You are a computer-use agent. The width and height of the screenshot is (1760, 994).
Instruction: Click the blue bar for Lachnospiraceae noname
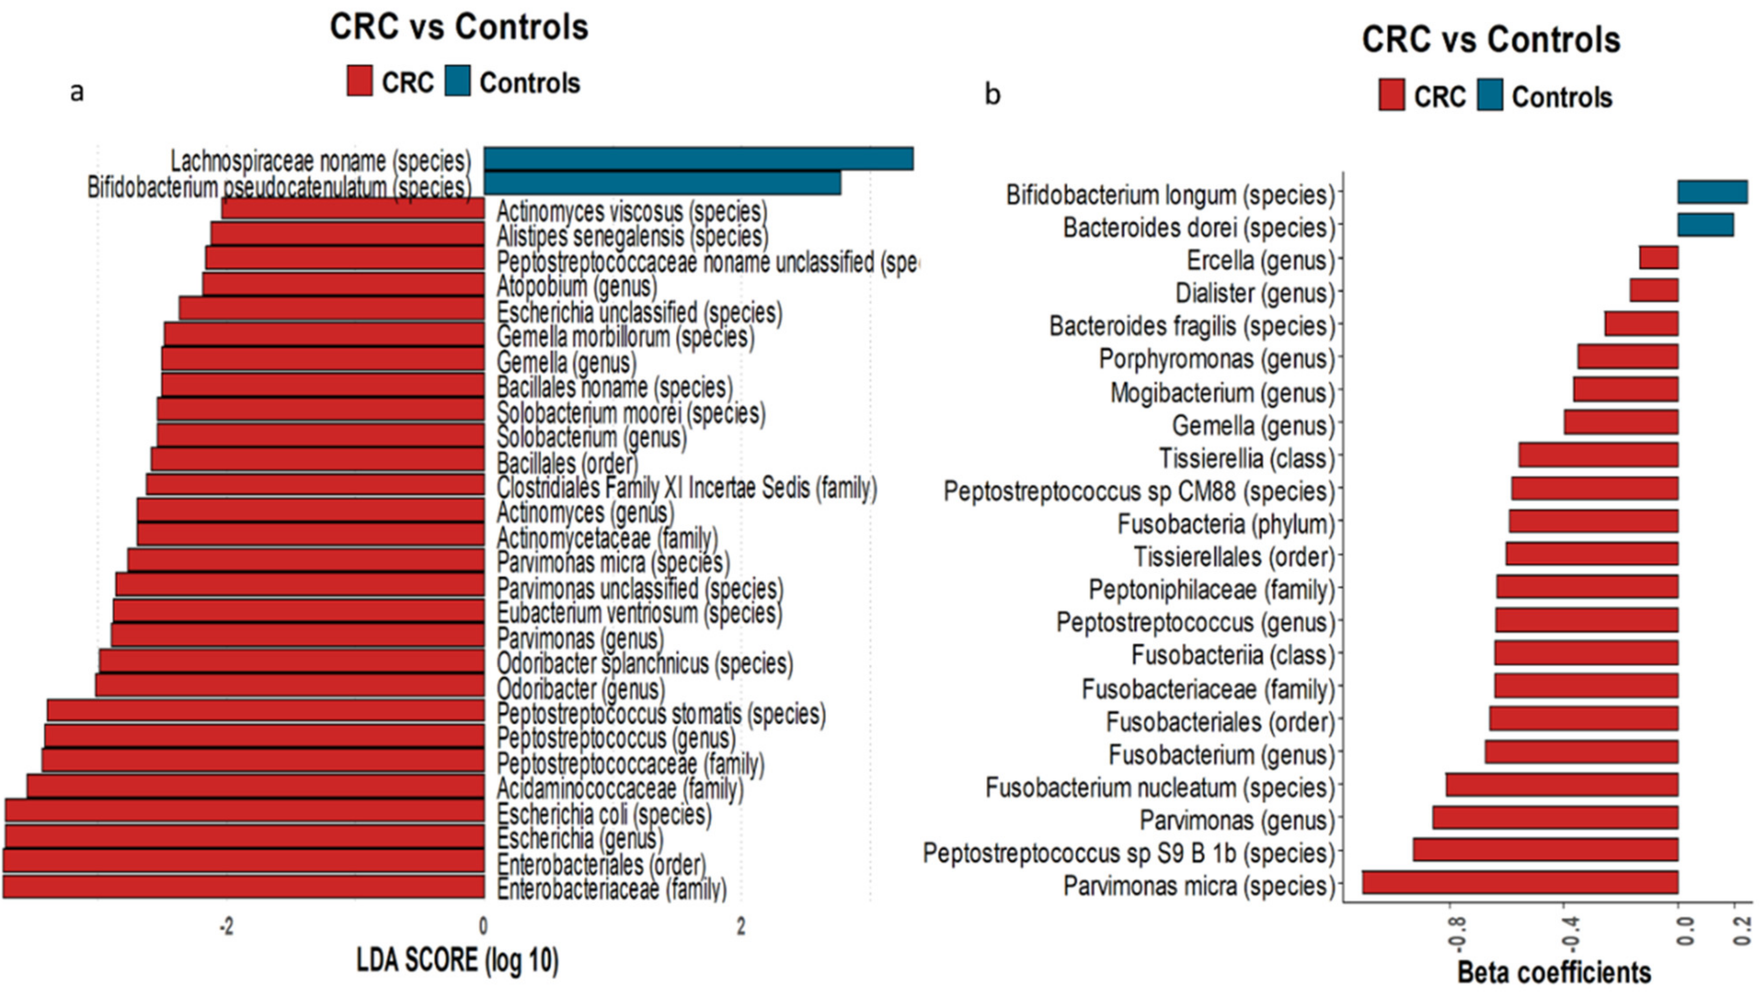698,159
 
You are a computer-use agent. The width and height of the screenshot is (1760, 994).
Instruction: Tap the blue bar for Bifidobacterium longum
1712,193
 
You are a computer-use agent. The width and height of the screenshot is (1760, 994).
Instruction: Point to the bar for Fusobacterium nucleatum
1562,784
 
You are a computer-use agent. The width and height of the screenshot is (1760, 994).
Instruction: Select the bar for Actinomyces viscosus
353,208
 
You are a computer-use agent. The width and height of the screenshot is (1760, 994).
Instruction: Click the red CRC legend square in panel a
359,81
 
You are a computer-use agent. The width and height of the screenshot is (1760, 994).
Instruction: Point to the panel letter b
992,93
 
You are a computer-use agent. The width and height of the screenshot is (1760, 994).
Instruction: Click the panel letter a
77,91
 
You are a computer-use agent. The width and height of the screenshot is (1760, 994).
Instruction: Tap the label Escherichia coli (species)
604,814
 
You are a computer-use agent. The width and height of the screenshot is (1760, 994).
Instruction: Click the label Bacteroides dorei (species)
1198,227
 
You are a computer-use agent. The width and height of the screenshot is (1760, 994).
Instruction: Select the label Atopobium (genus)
577,286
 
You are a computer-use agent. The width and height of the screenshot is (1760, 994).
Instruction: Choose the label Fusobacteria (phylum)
1226,524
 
